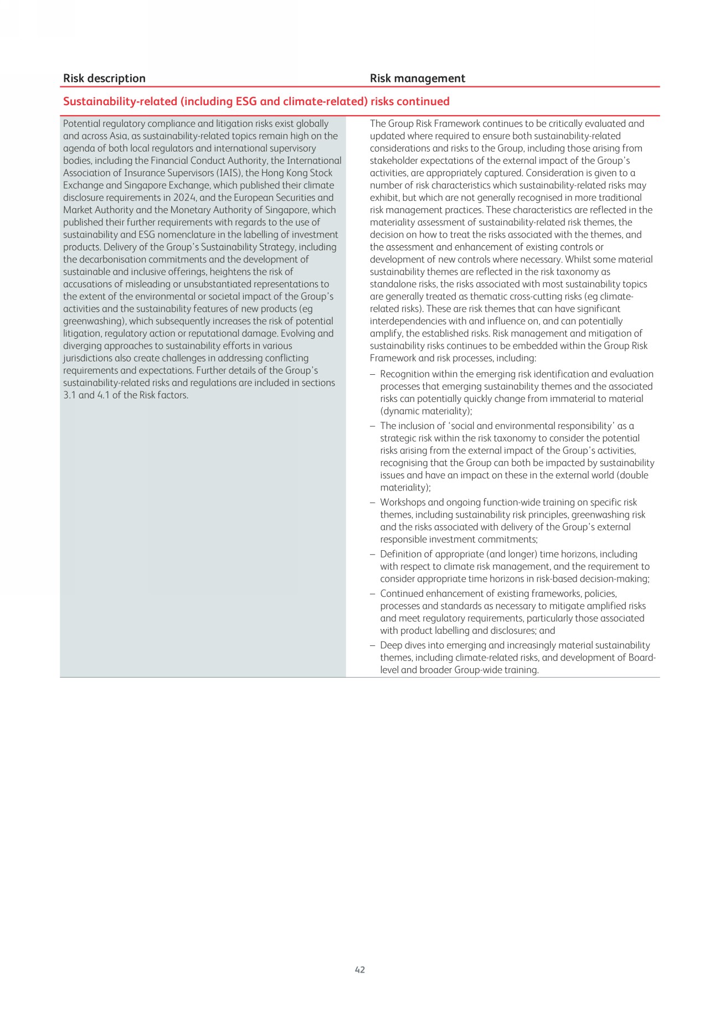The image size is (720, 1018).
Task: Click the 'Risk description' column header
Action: [x=104, y=79]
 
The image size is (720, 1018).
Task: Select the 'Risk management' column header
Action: [x=417, y=79]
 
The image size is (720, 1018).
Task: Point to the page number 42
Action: [x=360, y=969]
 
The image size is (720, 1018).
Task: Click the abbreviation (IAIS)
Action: [x=229, y=173]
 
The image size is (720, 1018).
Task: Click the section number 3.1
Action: [x=70, y=395]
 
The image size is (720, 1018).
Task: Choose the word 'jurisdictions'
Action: [x=89, y=358]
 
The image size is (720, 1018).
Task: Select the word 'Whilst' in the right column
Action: [x=578, y=260]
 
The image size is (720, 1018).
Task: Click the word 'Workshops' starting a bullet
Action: [x=403, y=503]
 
